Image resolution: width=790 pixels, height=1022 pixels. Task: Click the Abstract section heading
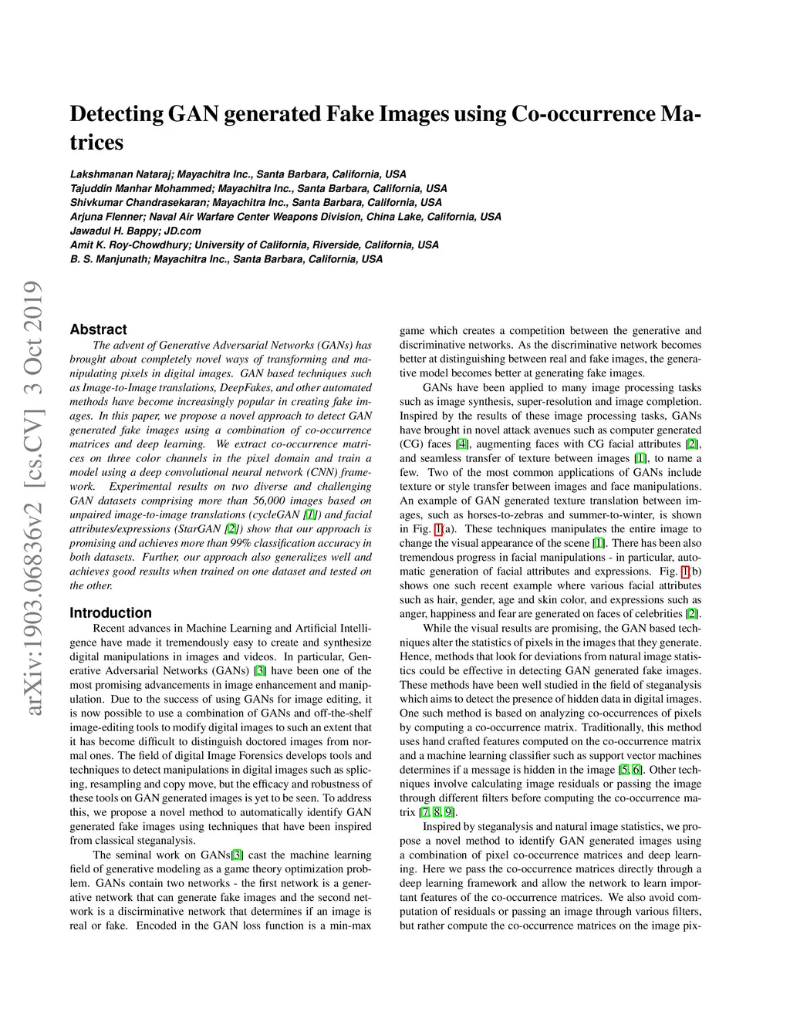(x=98, y=329)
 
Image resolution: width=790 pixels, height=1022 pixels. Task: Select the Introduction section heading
(x=110, y=613)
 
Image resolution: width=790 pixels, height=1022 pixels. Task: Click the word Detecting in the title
(x=116, y=114)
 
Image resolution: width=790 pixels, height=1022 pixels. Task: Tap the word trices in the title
(x=96, y=143)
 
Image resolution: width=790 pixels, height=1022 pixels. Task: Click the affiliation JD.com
(x=182, y=231)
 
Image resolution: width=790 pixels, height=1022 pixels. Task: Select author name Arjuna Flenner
(x=106, y=217)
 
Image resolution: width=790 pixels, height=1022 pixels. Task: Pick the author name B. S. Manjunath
(x=109, y=259)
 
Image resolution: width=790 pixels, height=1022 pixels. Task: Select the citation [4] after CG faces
(x=462, y=444)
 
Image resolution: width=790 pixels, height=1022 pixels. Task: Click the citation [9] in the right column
(x=449, y=812)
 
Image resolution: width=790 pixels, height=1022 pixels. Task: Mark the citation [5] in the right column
(x=623, y=770)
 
